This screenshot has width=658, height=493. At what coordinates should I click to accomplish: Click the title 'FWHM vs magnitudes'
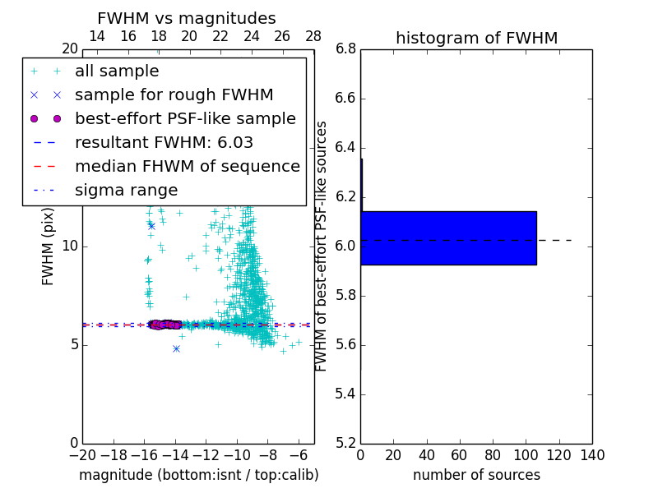click(186, 18)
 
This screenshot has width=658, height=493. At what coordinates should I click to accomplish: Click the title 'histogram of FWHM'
click(476, 38)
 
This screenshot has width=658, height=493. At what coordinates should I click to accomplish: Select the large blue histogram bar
click(448, 238)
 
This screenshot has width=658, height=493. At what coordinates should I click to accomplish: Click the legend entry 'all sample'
click(117, 71)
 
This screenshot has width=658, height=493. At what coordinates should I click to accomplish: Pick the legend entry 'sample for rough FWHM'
click(174, 94)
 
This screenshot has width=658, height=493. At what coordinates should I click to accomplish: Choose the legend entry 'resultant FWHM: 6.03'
click(164, 142)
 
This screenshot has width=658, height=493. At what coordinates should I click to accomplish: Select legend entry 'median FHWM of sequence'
click(187, 166)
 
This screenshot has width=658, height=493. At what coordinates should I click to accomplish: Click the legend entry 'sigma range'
click(126, 190)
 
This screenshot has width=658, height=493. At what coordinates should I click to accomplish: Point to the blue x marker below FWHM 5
click(176, 348)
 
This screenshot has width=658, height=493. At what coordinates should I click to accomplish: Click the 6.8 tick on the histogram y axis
click(345, 49)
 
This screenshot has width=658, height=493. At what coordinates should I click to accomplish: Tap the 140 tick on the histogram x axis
click(591, 455)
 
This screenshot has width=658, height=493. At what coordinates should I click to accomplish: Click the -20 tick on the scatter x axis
click(82, 455)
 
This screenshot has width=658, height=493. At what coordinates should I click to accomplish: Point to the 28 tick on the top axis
click(313, 36)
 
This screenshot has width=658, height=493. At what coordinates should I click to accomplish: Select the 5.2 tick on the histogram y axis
click(345, 443)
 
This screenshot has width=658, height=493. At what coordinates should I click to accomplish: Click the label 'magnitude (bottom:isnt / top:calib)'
click(198, 475)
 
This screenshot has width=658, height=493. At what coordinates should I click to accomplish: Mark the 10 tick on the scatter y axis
click(69, 246)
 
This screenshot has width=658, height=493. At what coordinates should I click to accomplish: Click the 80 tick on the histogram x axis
click(493, 455)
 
